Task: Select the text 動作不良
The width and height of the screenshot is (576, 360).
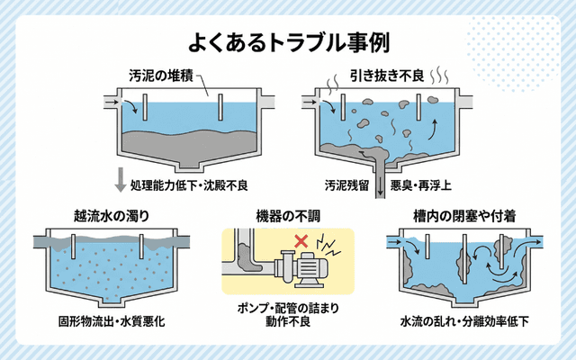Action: click(x=288, y=325)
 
